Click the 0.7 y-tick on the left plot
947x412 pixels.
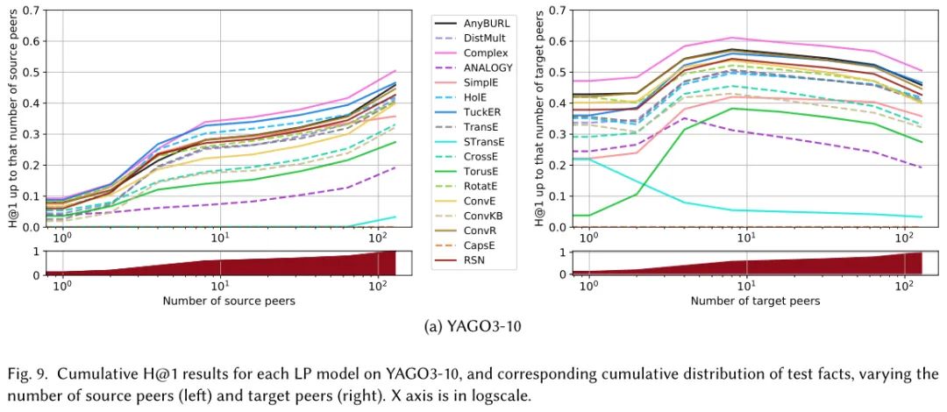pyautogui.click(x=32, y=11)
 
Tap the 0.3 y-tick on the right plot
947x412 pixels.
pyautogui.click(x=559, y=134)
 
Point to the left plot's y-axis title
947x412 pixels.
pyautogui.click(x=11, y=118)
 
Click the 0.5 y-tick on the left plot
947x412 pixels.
pyautogui.click(x=32, y=72)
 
